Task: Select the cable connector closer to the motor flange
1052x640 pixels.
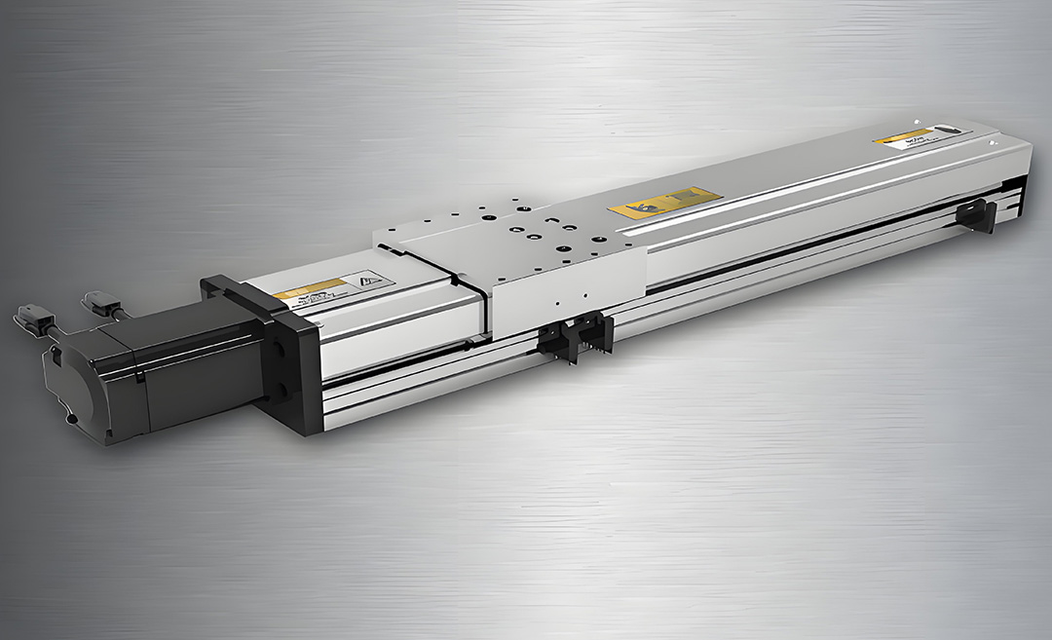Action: tap(99, 302)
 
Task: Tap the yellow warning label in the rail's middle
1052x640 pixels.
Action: tap(665, 202)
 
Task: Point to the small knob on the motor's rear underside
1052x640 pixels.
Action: tap(71, 420)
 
